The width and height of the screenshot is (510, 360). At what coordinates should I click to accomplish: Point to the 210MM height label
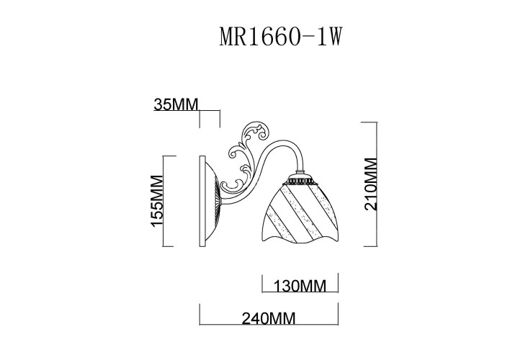point(371,183)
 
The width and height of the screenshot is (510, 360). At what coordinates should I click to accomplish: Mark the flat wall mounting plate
point(200,202)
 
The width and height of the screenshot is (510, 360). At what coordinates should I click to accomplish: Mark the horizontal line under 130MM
point(298,294)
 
